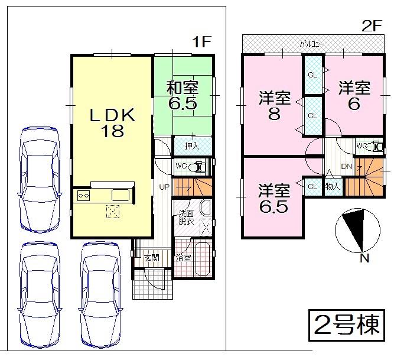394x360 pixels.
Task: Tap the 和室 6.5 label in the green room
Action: click(182, 95)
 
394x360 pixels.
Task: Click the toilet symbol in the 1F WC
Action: click(200, 167)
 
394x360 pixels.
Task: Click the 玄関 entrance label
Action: click(151, 257)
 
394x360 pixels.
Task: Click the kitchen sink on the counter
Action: click(122, 196)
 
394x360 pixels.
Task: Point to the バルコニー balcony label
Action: click(311, 43)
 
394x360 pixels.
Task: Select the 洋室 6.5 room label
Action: click(273, 199)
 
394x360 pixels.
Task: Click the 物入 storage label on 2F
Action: click(333, 186)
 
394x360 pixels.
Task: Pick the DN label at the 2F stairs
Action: click(347, 167)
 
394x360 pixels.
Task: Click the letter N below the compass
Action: click(364, 258)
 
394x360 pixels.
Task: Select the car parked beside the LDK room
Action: click(40, 177)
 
